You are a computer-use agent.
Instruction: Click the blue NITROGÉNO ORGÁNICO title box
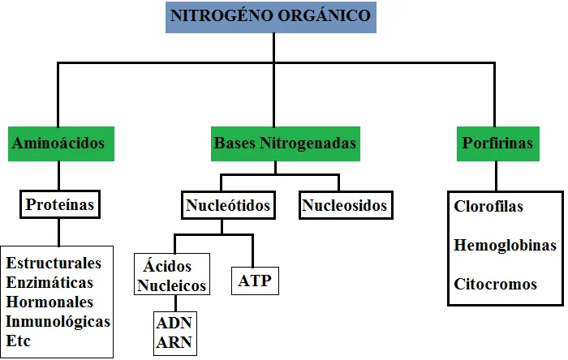271,17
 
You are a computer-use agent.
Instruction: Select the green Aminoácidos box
61,144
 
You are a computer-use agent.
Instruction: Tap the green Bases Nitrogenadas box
286,144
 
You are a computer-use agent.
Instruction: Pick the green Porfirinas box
498,144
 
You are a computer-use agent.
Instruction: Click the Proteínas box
60,204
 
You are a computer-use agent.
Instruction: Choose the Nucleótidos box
228,205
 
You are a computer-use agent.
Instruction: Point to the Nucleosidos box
346,205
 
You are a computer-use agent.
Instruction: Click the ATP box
255,281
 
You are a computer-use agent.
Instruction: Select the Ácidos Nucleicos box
172,274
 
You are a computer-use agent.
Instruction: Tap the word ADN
174,323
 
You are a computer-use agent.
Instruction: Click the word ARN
174,342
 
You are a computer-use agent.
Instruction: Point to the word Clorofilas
488,207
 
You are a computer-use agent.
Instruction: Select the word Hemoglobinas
505,246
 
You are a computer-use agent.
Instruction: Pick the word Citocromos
495,284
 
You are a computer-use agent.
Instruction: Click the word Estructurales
54,263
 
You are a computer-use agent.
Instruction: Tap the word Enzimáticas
49,283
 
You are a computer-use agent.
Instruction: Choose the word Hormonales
49,302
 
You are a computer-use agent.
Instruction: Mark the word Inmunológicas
58,322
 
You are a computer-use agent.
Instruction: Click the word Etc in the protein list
18,341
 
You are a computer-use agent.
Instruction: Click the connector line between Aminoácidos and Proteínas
58,176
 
